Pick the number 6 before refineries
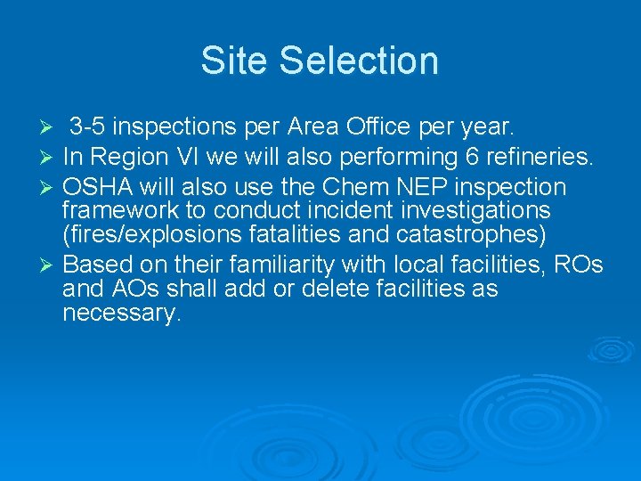tap(472, 157)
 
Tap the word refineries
tap(540, 157)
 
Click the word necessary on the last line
tap(122, 313)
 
